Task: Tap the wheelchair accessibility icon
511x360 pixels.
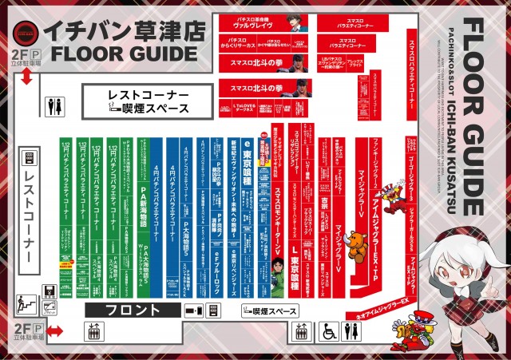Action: click(328, 331)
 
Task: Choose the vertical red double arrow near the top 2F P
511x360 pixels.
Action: click(27, 77)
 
